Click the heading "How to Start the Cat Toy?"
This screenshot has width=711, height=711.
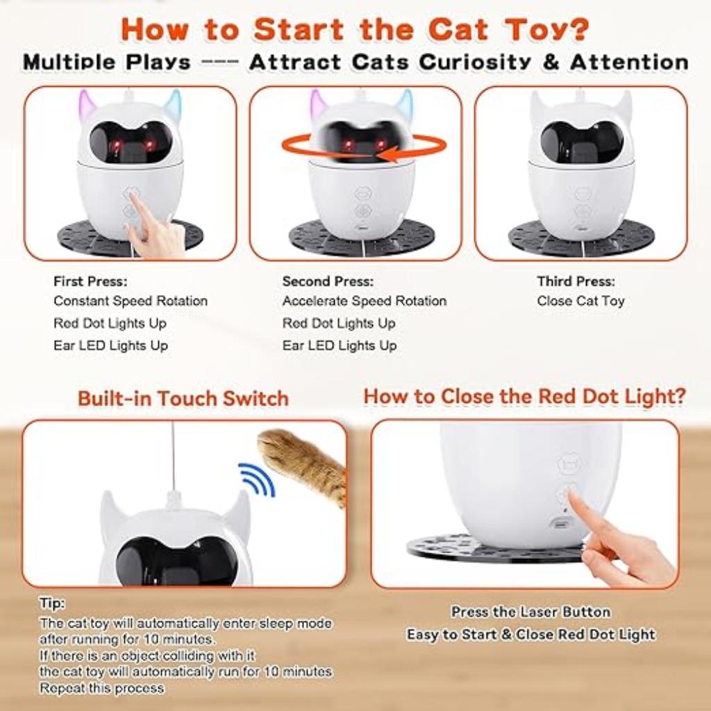click(x=355, y=28)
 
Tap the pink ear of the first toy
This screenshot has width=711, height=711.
click(x=87, y=105)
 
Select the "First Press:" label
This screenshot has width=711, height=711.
click(x=90, y=282)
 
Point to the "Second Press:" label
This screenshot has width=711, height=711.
click(x=328, y=282)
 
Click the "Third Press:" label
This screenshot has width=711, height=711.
click(x=576, y=282)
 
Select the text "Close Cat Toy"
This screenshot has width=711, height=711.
click(x=580, y=301)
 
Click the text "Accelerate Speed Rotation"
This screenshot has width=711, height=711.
click(x=364, y=301)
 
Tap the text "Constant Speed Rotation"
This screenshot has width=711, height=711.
click(x=131, y=301)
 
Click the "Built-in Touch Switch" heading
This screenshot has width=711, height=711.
click(x=183, y=399)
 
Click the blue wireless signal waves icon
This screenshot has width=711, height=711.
click(x=257, y=479)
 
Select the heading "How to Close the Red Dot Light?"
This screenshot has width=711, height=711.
click(x=525, y=396)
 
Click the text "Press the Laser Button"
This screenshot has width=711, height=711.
click(x=530, y=612)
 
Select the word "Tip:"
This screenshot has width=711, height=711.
click(x=52, y=603)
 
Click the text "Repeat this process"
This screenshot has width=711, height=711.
click(x=102, y=688)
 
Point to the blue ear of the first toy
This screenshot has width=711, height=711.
click(x=173, y=104)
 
